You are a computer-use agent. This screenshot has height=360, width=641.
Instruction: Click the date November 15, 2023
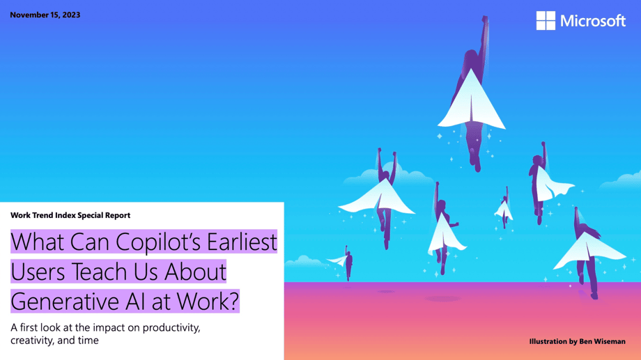[45, 15]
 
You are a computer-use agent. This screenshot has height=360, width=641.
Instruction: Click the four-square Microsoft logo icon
[546, 21]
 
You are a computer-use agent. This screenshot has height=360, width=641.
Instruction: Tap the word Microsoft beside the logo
[593, 21]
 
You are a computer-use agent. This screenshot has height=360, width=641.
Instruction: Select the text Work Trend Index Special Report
[70, 215]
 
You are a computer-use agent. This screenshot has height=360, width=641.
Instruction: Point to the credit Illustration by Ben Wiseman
[577, 341]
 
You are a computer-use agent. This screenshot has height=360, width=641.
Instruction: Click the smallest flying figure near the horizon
[346, 260]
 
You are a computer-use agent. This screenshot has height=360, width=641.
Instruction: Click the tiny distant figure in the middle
[504, 208]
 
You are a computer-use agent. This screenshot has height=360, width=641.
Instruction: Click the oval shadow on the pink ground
[442, 298]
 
